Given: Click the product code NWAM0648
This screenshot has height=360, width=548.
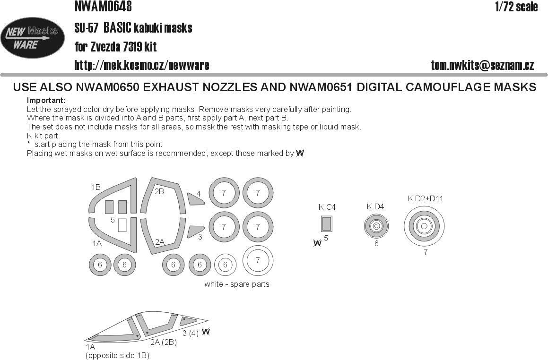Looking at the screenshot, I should click(103, 7).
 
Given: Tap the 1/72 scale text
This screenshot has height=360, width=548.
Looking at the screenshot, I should click(516, 7).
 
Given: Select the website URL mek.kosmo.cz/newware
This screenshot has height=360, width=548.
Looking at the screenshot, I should click(142, 65).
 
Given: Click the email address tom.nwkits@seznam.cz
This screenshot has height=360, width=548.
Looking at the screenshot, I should click(482, 66).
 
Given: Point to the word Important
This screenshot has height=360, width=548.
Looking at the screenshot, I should click(46, 101).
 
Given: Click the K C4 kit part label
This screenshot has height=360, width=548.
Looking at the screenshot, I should click(327, 207).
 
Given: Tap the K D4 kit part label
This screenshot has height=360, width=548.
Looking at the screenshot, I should click(375, 206).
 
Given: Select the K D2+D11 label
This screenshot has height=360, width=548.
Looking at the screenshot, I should click(426, 198).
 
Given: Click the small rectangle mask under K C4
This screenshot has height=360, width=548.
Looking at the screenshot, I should click(326, 223).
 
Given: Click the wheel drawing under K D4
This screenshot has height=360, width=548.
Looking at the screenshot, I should click(376, 227).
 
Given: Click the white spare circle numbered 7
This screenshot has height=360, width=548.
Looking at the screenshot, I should click(258, 260).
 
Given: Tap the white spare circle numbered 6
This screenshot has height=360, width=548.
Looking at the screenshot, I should click(225, 265).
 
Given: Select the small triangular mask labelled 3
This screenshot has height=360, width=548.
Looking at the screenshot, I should click(194, 231).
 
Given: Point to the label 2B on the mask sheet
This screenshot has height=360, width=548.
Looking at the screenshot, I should click(159, 191).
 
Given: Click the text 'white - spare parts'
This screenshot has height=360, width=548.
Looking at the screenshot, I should click(237, 284).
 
